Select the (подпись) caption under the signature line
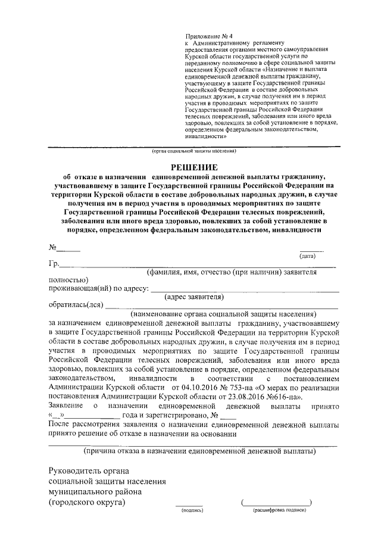(x=190, y=510)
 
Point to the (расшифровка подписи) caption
(x=279, y=510)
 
